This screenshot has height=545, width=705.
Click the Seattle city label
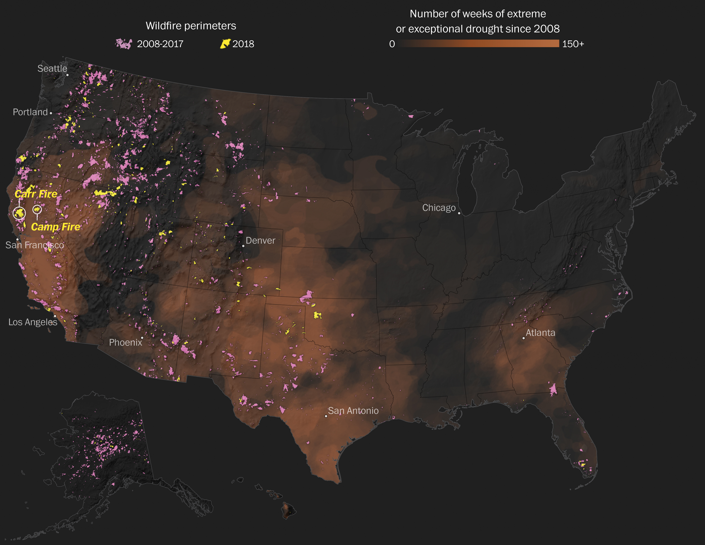[52, 69]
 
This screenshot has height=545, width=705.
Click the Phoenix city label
[126, 342]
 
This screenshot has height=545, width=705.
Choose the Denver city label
[260, 241]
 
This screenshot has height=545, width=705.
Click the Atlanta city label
[541, 333]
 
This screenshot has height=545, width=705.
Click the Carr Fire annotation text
[36, 194]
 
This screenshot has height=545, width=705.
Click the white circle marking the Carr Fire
[19, 213]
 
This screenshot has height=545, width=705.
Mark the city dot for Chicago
[459, 213]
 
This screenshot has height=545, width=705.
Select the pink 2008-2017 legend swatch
[124, 44]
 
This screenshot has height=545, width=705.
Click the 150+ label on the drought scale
[573, 44]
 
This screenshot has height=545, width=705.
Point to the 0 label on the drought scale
[392, 44]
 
